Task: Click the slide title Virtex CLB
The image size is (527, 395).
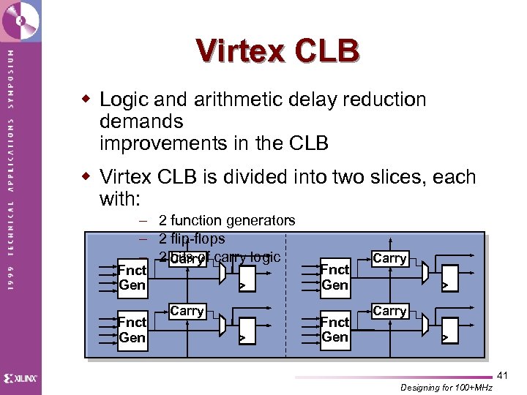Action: [277, 51]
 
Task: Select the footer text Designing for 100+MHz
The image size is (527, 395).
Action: [446, 387]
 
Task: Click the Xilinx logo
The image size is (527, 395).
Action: [20, 378]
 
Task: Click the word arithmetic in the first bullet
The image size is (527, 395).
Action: [232, 99]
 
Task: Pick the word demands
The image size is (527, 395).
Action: [141, 121]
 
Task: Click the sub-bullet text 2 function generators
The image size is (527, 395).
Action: [227, 220]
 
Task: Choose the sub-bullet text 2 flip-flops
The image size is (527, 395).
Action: [192, 238]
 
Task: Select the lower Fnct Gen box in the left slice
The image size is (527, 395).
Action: [132, 330]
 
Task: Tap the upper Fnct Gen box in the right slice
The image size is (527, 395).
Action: [334, 277]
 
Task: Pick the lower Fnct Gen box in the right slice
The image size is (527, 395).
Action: [334, 329]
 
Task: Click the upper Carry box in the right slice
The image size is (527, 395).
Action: [389, 258]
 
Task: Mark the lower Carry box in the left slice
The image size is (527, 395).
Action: [187, 311]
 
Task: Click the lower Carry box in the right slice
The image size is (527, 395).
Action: [389, 311]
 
